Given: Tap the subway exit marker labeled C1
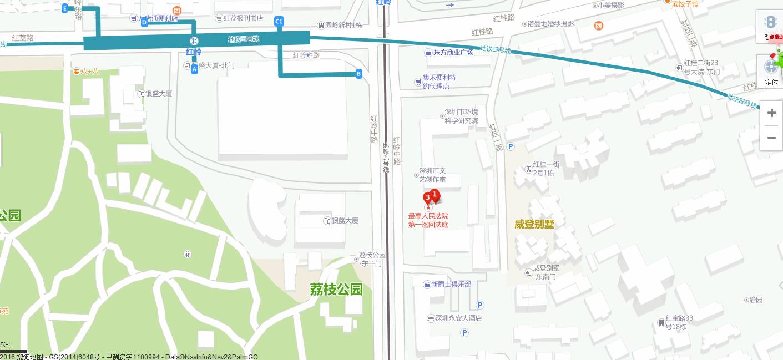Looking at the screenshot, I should click(x=279, y=22).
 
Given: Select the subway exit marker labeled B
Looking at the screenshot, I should click(x=358, y=73).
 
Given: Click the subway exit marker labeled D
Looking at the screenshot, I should click(x=144, y=22).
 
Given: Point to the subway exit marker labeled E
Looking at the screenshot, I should click(x=65, y=8).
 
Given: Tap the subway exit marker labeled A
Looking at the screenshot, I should click(x=194, y=70).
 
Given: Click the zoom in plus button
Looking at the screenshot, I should click(x=771, y=113).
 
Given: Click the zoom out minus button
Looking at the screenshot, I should click(x=771, y=138).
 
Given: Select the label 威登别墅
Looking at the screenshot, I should click(x=534, y=224).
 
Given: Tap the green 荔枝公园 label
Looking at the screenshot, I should click(x=336, y=289).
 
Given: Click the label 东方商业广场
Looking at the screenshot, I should click(x=453, y=53).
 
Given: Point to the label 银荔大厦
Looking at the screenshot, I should click(x=345, y=221).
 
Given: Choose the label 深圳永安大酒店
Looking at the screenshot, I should click(x=458, y=318).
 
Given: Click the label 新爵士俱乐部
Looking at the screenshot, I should click(x=451, y=285).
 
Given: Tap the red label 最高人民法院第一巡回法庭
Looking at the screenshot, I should click(x=428, y=220).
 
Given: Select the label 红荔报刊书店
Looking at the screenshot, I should click(x=243, y=18).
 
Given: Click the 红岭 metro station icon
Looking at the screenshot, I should click(x=194, y=40).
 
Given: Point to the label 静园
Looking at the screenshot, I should click(x=755, y=300).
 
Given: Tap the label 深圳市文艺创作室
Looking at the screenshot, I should click(x=432, y=175).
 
